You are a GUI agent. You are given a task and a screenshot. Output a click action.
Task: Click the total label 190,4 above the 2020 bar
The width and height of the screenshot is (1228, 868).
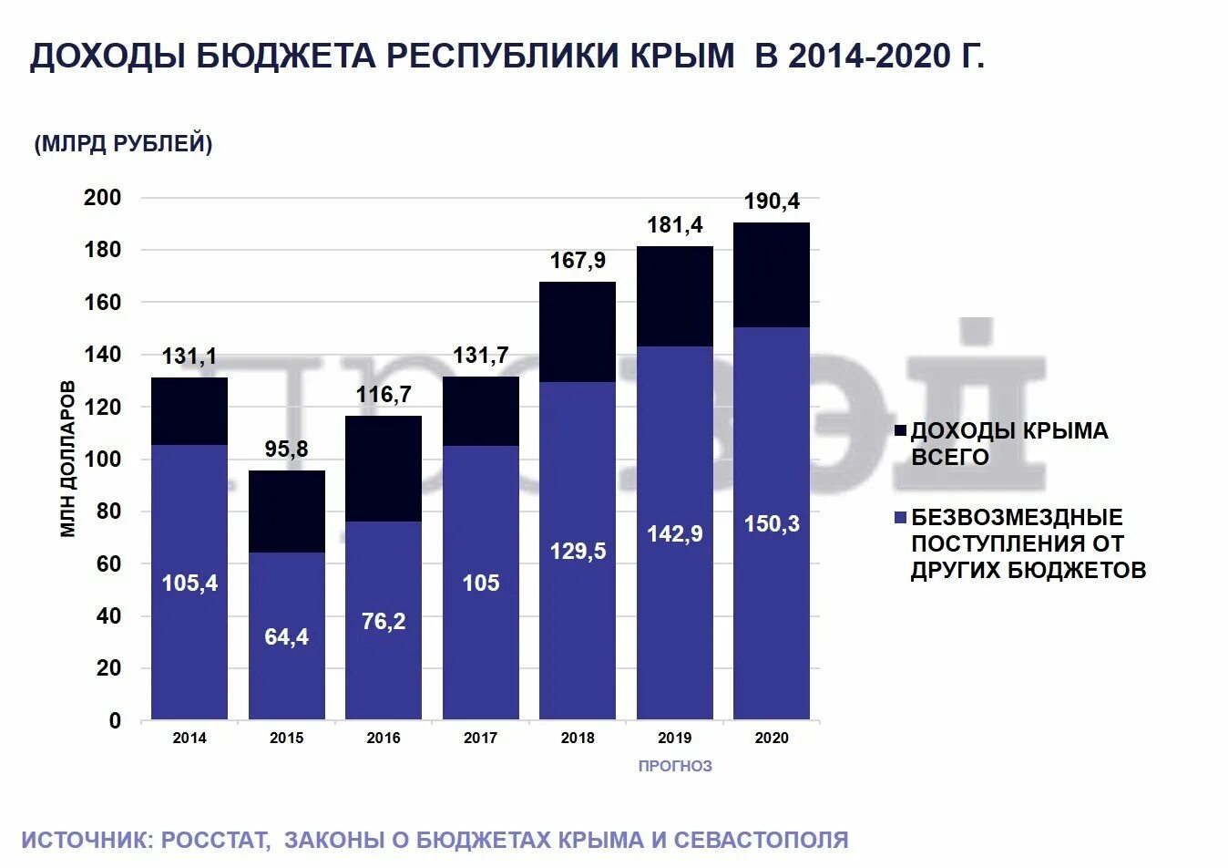coord(772,201)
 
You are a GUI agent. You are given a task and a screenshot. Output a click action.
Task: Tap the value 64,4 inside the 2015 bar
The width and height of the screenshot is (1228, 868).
coord(286,636)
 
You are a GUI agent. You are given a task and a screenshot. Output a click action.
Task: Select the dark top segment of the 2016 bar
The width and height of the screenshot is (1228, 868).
coord(384,469)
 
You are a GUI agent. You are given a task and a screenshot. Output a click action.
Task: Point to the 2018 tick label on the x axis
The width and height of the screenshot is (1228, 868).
coord(578,739)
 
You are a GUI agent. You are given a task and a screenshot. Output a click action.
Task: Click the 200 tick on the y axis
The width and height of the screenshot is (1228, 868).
coord(102,198)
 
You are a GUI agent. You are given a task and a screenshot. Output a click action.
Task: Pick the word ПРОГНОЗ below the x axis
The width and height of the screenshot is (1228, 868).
coord(675,767)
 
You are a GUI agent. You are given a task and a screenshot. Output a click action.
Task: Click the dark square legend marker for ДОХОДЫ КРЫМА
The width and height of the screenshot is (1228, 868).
coord(901,431)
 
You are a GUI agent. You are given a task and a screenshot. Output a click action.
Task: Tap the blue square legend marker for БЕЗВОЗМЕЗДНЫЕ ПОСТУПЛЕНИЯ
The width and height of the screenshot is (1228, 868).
coord(901,518)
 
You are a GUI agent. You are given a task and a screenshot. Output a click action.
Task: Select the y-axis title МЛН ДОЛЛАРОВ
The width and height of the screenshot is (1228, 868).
coord(68,460)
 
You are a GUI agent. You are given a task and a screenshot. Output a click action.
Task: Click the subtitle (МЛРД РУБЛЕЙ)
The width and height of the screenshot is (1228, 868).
coord(123,144)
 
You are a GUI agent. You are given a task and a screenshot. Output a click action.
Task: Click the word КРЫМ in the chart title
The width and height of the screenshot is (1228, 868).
coord(681,57)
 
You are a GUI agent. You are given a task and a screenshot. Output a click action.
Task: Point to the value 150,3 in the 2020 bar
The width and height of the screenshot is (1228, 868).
coord(772,523)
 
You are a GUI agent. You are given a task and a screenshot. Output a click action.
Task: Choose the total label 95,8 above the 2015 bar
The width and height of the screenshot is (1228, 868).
coord(286,449)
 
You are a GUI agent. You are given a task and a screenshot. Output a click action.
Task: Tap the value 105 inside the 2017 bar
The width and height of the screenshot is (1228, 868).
coord(481,583)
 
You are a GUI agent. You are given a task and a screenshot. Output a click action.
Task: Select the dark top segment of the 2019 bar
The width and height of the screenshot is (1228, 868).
coord(675,296)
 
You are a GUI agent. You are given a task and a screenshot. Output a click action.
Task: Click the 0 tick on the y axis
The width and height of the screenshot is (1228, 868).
coord(115,721)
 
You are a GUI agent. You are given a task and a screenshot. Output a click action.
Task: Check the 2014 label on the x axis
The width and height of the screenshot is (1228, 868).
coord(189,739)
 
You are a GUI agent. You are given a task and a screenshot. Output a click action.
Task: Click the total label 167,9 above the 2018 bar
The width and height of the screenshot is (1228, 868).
coord(578,261)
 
